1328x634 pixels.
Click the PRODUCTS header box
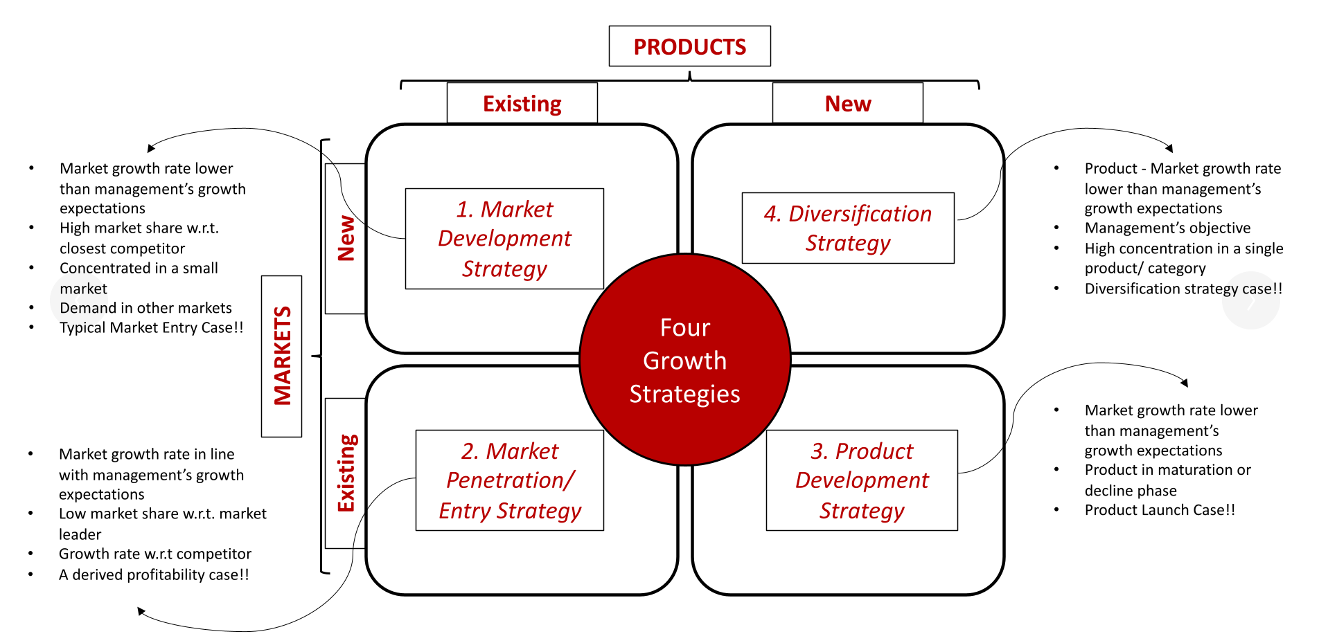coord(689,46)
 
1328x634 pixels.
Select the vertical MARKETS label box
coord(281,356)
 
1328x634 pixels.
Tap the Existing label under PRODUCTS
coord(522,104)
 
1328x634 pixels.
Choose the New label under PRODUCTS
coord(847,104)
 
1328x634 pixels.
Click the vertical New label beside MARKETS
coord(345,238)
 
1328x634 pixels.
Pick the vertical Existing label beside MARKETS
coord(345,473)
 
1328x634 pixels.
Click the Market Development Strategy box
coord(504,238)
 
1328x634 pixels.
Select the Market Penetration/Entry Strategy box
coord(509,480)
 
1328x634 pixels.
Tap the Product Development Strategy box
coord(861,480)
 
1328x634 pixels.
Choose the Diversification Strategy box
coord(847,228)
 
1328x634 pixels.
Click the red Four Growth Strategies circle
coord(684,360)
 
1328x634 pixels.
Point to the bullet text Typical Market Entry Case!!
coord(151,327)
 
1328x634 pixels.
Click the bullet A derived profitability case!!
coord(154,574)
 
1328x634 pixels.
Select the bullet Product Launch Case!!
coord(1160,510)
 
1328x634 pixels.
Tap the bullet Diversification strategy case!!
coord(1183,289)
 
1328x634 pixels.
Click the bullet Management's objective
coord(1167,228)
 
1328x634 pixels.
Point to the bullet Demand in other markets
coord(145,308)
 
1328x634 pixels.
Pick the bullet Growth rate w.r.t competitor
coord(155,554)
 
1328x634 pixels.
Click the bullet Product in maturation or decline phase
coord(1167,480)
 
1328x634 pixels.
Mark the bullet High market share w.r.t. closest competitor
coord(139,237)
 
